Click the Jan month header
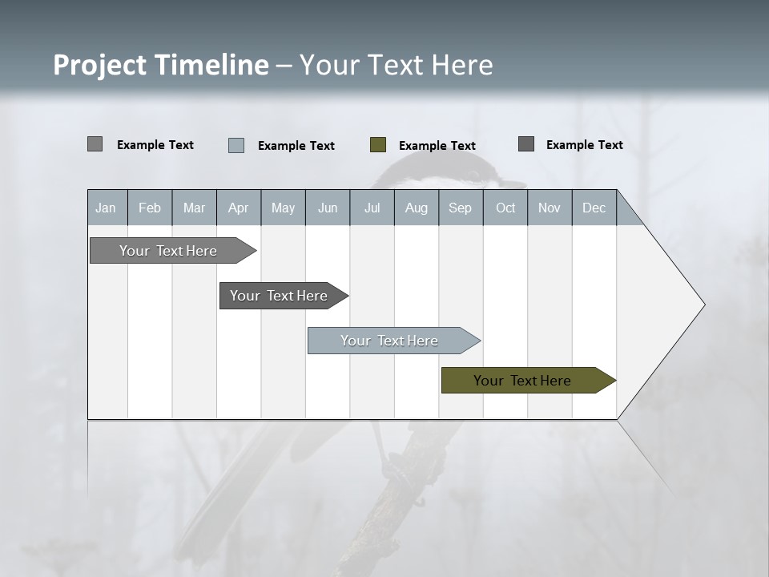tap(107, 208)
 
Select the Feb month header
tap(150, 208)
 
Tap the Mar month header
tap(194, 208)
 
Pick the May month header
tap(283, 208)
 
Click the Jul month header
tap(372, 208)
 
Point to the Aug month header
tap(417, 208)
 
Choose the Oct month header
tap(505, 208)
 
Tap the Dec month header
tap(594, 208)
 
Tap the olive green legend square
tap(378, 145)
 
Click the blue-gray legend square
tap(236, 145)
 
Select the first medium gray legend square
tap(95, 144)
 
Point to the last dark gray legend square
tap(526, 144)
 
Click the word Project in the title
tap(99, 65)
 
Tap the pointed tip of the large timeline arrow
tap(703, 305)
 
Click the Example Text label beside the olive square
tap(437, 146)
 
